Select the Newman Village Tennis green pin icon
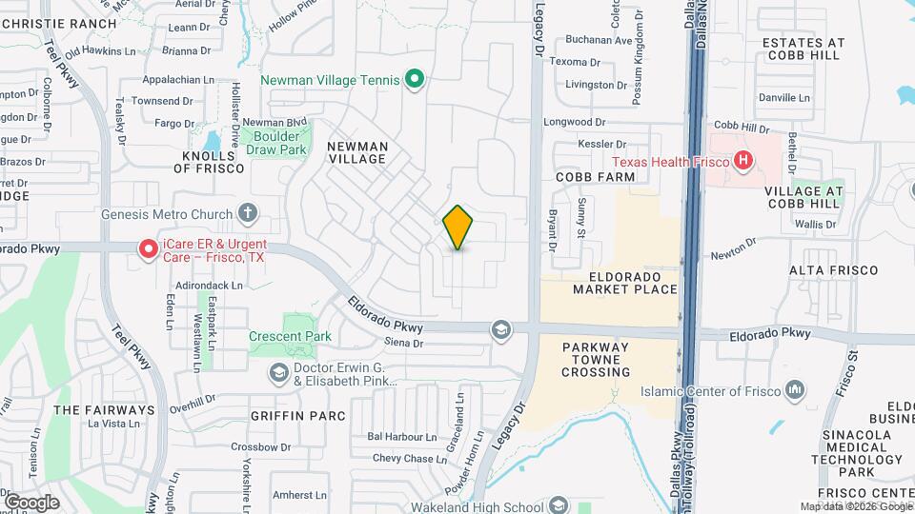coord(415,80)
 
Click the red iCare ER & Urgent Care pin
coord(149,249)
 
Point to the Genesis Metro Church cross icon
coord(249,213)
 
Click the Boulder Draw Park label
coord(275,143)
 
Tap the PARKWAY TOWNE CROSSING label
coord(610,360)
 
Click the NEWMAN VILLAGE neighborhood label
coord(357,152)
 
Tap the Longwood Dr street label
coord(574,122)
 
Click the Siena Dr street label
coord(403,343)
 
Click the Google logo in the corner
coord(31,502)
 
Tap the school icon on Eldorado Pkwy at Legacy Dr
coord(500,330)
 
